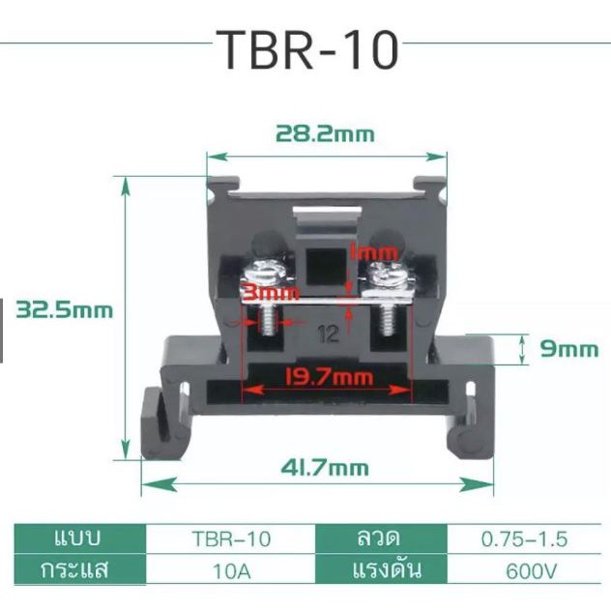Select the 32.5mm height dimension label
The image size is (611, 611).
coord(65,310)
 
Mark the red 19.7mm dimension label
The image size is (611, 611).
coord(330,376)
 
